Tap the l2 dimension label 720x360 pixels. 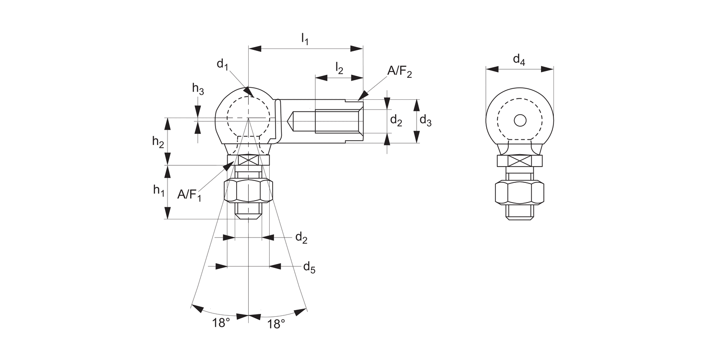(x=339, y=68)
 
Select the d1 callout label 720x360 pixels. (x=222, y=64)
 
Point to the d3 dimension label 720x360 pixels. (x=425, y=120)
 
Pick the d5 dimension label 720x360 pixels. (x=309, y=267)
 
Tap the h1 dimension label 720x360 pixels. (x=159, y=190)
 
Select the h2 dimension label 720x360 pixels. (x=158, y=141)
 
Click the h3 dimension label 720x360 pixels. (x=198, y=88)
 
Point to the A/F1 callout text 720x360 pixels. (x=190, y=195)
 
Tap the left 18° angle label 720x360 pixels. (x=221, y=324)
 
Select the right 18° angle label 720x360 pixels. (x=276, y=324)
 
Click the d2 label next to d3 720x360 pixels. (x=396, y=120)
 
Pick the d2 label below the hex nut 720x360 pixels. (x=301, y=238)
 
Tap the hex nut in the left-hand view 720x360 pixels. (x=248, y=191)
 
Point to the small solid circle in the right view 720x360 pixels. (x=520, y=120)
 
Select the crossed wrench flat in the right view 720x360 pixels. (x=519, y=161)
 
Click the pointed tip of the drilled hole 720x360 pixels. (x=289, y=121)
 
